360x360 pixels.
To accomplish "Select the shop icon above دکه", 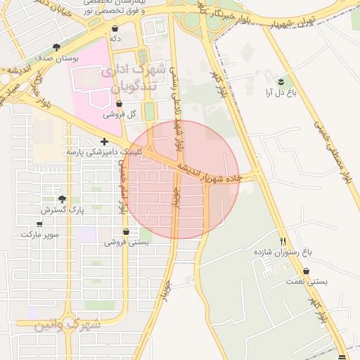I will (x=115, y=28).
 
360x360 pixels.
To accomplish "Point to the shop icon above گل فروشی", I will (x=119, y=103).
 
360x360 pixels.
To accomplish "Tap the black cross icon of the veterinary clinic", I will (x=105, y=141).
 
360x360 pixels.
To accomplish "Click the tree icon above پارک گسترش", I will (x=63, y=199).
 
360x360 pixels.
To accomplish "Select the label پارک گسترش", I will (x=62, y=210).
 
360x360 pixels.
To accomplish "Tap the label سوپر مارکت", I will (x=39, y=233).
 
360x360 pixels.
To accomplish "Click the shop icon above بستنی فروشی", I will (x=126, y=231).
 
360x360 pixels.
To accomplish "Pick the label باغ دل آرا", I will (x=281, y=92).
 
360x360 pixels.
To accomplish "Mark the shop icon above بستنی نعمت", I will (x=307, y=271).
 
